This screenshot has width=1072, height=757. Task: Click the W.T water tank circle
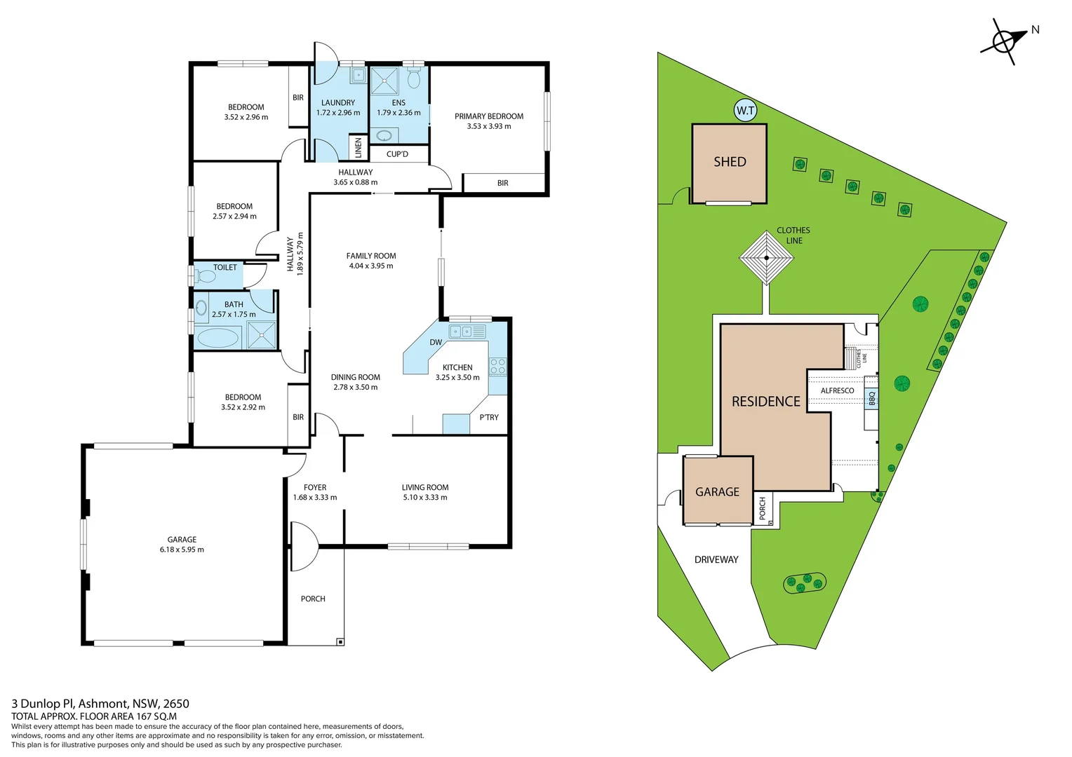745,111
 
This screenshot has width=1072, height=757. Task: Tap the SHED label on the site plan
730,162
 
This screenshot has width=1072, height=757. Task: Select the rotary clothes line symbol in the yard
766,258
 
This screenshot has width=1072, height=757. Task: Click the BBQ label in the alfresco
872,398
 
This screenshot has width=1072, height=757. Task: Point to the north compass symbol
1004,41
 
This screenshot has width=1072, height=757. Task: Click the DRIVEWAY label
716,559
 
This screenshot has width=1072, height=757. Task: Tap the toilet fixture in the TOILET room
206,277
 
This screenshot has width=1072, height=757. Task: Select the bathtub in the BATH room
218,338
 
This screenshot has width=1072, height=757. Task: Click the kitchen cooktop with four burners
497,366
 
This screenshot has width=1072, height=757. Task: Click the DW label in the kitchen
436,343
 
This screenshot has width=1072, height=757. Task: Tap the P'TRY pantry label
489,417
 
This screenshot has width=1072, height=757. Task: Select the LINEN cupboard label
359,147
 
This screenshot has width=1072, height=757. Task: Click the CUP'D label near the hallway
397,154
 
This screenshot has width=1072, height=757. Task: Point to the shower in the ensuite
384,81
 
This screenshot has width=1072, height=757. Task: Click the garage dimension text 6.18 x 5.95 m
182,550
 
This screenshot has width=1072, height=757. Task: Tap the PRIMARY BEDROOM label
489,116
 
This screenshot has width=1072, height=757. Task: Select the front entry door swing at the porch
303,547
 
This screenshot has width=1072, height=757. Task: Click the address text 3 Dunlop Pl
42,704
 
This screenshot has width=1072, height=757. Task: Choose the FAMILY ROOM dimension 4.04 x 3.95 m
371,266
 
